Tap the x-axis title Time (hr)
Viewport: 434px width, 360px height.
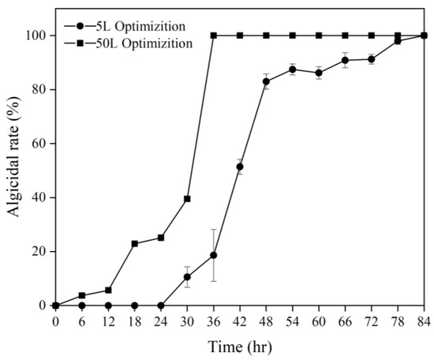point(240,347)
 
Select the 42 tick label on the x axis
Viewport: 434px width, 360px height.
point(240,322)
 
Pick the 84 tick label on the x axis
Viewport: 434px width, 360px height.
point(425,322)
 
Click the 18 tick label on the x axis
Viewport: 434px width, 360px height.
point(134,322)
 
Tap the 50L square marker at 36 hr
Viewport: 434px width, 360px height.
point(213,36)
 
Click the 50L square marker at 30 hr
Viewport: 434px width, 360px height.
point(187,199)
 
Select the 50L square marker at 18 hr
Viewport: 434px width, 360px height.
point(134,243)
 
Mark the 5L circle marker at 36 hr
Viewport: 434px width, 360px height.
point(213,255)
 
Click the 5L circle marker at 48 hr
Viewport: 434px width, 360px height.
point(266,81)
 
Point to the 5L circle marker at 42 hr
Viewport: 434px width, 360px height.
point(240,167)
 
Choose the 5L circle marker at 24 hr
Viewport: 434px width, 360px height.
point(161,306)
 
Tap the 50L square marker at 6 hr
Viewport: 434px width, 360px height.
point(81,295)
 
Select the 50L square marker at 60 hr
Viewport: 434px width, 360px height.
point(319,36)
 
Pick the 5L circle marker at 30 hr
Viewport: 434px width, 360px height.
point(187,277)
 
